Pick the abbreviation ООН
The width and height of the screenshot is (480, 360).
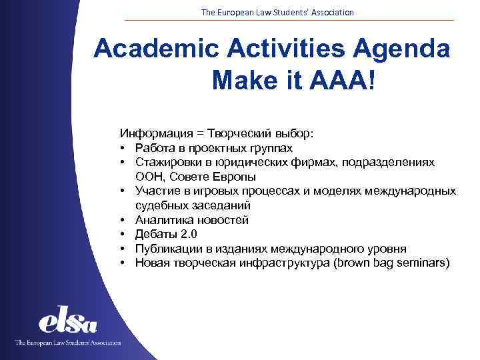(x=147, y=177)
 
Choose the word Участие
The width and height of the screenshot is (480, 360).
(x=157, y=191)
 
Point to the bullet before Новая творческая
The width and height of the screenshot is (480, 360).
(x=124, y=263)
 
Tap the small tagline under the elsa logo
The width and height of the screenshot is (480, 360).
(x=68, y=343)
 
